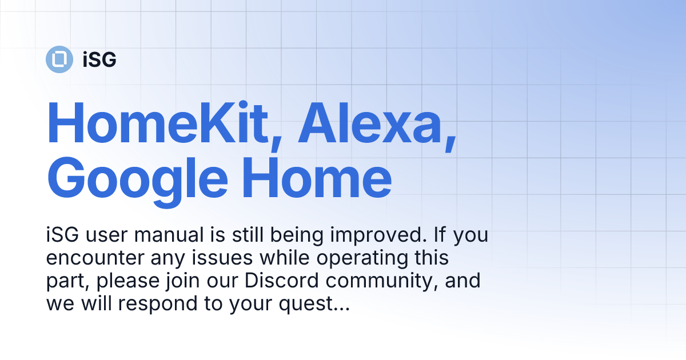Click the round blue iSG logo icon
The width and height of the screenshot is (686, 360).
click(x=59, y=59)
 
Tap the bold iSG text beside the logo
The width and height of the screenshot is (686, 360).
click(x=99, y=59)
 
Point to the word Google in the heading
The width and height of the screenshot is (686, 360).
click(x=138, y=179)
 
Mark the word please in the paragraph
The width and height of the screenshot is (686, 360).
click(x=127, y=281)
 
